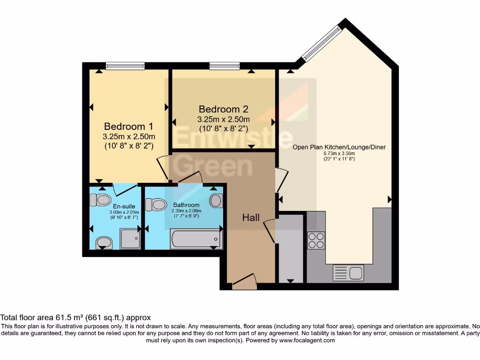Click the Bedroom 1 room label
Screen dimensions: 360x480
point(128,127)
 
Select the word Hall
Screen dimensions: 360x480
point(251,217)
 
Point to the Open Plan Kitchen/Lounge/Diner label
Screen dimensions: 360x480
point(339,147)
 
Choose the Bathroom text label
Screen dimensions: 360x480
point(186,205)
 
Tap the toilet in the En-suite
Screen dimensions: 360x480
point(100,200)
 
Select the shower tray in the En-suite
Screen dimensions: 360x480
point(130,239)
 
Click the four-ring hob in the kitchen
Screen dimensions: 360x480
point(315,240)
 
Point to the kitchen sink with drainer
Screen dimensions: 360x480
point(348,273)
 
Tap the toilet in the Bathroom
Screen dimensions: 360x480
point(156,204)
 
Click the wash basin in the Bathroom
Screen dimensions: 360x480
point(216,201)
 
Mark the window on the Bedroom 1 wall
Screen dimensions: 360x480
point(125,66)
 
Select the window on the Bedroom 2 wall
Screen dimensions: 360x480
point(225,66)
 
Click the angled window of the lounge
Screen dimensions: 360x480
point(322,43)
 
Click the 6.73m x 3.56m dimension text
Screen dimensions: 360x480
point(339,153)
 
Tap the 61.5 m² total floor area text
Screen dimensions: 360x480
point(75,317)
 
